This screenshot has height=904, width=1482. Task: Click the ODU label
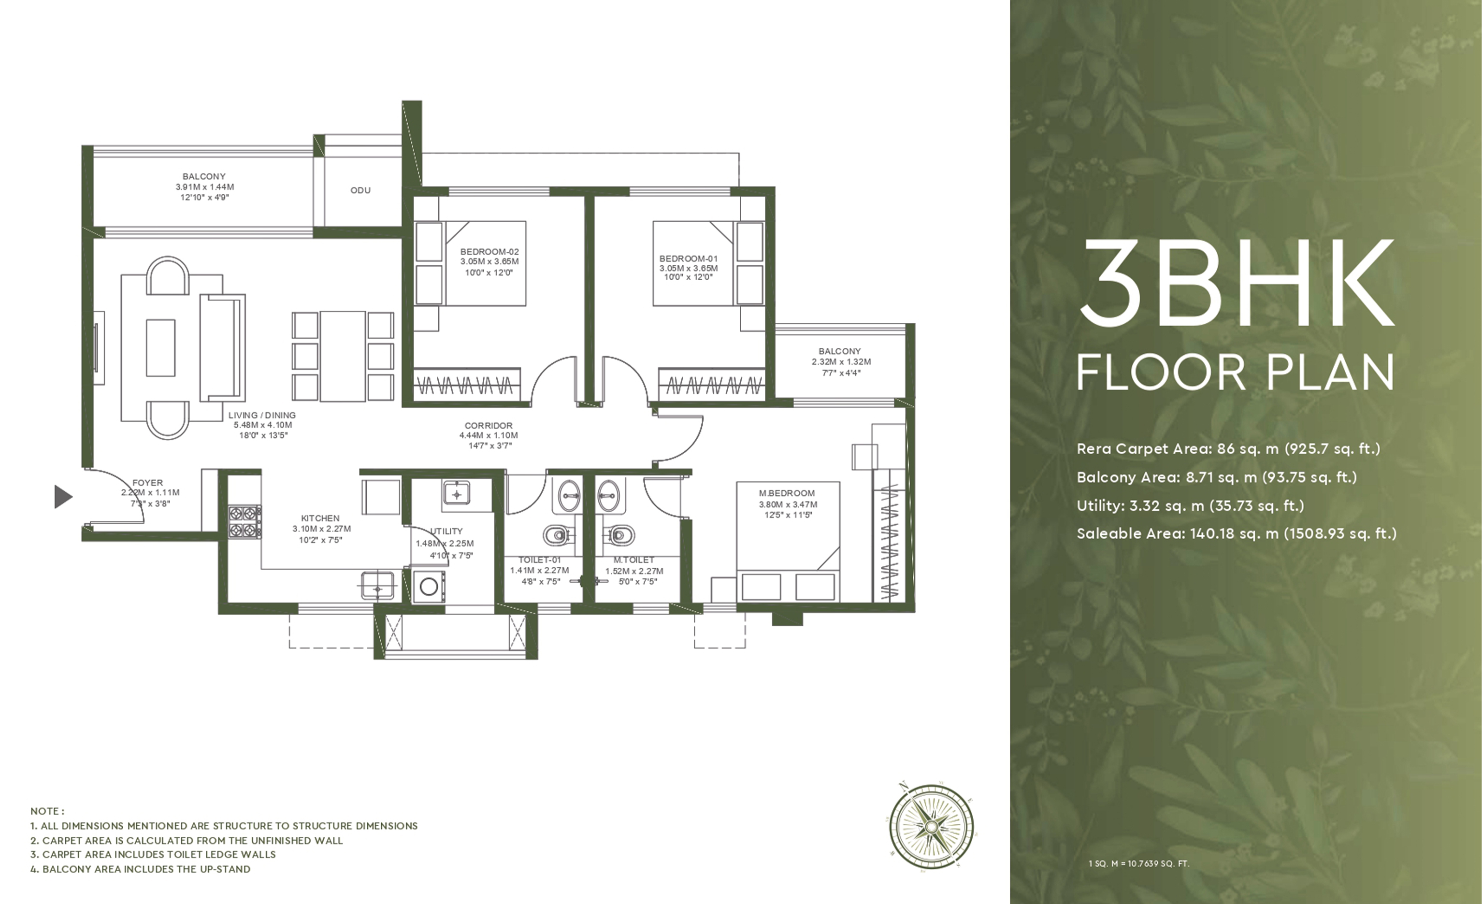(360, 190)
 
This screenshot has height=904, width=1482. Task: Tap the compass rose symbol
(931, 826)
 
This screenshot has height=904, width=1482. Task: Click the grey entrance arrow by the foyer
(63, 496)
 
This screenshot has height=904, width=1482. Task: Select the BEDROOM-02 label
(489, 251)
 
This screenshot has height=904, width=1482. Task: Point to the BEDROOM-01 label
(688, 258)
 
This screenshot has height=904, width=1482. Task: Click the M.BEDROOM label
(787, 493)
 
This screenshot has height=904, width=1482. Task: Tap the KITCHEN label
(320, 518)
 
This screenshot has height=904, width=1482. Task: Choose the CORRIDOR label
(489, 425)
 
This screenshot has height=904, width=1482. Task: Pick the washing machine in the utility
(429, 587)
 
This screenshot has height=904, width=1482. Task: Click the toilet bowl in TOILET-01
(558, 534)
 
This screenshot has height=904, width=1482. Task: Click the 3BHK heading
(1237, 283)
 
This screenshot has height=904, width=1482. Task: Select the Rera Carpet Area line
(1228, 449)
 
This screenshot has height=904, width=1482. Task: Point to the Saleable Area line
(1237, 533)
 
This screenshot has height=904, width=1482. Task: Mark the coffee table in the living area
(160, 348)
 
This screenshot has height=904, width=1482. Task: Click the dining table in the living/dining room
(343, 356)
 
